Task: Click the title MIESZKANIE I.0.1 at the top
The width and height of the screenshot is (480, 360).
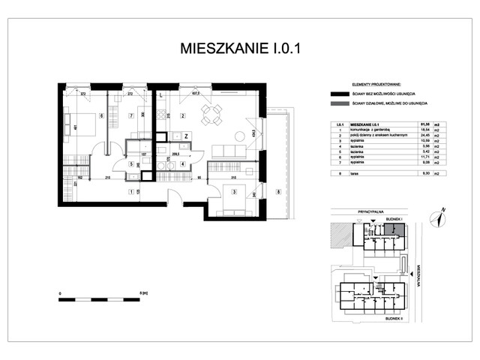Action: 240,49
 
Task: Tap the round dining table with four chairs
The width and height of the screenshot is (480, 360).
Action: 212,115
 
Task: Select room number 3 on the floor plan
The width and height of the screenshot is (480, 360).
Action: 234,192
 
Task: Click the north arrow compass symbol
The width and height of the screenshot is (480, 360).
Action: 437,217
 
